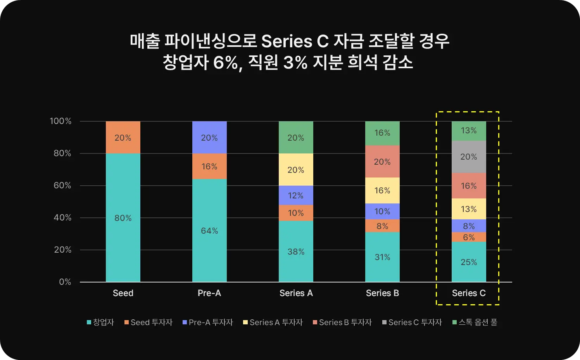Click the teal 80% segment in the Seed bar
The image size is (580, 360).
click(123, 218)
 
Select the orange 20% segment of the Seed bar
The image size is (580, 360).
click(123, 138)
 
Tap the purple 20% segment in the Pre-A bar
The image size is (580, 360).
click(209, 138)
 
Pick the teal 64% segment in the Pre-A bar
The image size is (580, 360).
click(209, 231)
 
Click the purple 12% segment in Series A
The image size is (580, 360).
click(296, 195)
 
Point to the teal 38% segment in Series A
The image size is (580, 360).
click(296, 251)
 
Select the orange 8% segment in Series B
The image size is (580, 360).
click(382, 226)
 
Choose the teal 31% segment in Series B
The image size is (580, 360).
click(382, 257)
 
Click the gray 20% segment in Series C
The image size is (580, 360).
click(469, 157)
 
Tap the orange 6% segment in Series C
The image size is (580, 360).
click(469, 237)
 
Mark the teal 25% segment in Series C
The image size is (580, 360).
click(469, 262)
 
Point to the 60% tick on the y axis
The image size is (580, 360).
click(62, 185)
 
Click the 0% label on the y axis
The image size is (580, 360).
click(65, 282)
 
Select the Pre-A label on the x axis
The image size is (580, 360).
click(209, 293)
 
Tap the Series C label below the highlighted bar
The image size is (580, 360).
click(469, 293)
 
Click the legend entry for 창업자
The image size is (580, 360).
click(100, 322)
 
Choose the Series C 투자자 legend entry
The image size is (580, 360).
click(412, 322)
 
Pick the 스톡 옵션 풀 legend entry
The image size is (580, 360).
click(475, 322)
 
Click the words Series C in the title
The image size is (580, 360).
click(295, 41)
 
